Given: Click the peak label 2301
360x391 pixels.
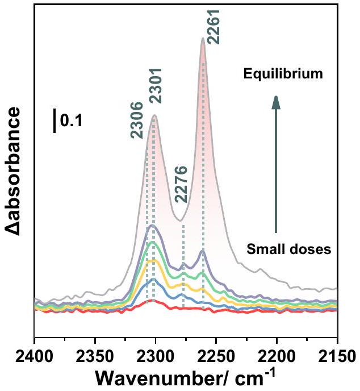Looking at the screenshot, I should (x=156, y=85).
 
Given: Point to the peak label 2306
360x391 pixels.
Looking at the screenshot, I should (x=137, y=120).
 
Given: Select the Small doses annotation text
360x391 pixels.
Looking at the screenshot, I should (x=289, y=248).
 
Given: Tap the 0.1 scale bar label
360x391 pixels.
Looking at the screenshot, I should (x=71, y=121).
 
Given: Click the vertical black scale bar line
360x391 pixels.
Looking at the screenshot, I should (x=55, y=121).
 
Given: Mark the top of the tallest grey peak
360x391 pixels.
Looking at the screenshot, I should (x=203, y=38).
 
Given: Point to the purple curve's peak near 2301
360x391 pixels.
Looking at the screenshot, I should (x=152, y=226).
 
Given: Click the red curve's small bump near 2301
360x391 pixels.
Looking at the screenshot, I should (x=152, y=301).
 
